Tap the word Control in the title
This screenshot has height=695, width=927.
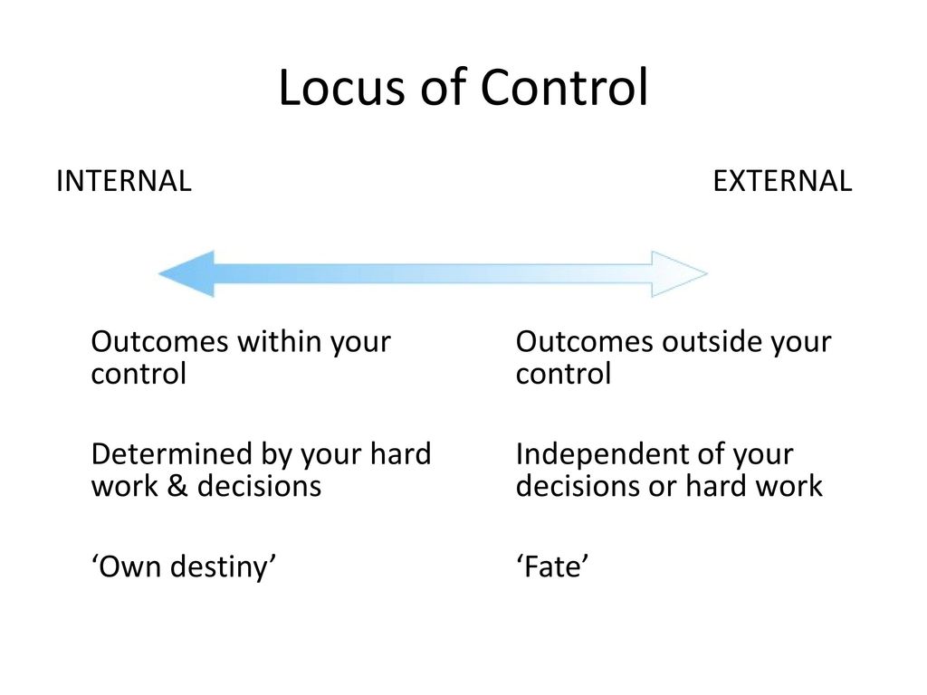pyautogui.click(x=565, y=87)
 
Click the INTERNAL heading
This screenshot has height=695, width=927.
pyautogui.click(x=123, y=181)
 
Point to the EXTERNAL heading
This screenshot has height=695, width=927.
pyautogui.click(x=782, y=181)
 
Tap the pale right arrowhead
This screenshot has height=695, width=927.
pyautogui.click(x=679, y=273)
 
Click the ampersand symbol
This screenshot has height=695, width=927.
pyautogui.click(x=177, y=486)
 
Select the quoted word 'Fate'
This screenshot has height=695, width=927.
pyautogui.click(x=552, y=566)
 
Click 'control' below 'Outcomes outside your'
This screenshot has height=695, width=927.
pyautogui.click(x=563, y=374)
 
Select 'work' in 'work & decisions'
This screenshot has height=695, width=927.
pyautogui.click(x=125, y=486)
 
